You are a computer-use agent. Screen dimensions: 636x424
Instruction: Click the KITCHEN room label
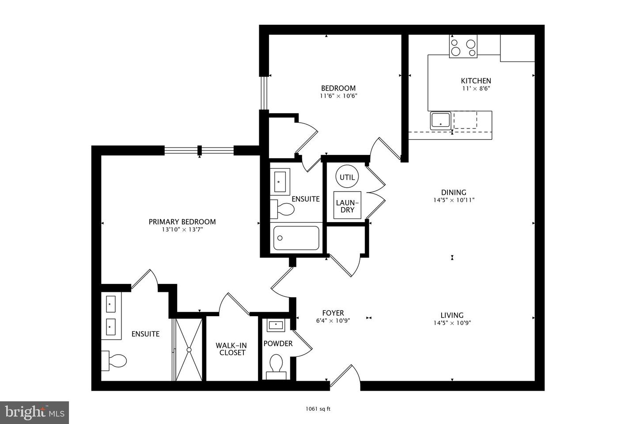click(x=476, y=81)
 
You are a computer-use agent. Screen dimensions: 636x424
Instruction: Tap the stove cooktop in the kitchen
click(x=463, y=47)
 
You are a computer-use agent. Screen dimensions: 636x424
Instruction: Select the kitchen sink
click(x=440, y=121)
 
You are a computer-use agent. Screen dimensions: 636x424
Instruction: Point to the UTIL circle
click(x=347, y=177)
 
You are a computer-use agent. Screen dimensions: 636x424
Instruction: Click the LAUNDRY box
click(x=347, y=206)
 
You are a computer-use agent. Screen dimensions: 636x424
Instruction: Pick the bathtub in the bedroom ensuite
click(x=296, y=238)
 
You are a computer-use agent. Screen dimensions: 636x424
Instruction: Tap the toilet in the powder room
click(x=276, y=364)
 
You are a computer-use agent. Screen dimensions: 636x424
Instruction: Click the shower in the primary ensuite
click(x=189, y=349)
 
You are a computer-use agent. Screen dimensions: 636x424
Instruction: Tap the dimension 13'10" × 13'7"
click(x=182, y=230)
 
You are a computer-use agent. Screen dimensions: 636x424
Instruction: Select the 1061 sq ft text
click(x=318, y=409)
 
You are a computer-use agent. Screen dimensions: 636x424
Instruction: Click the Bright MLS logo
click(x=34, y=413)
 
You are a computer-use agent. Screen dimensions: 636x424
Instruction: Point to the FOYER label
click(x=333, y=313)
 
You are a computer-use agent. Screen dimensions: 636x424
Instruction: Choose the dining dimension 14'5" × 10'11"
click(x=454, y=200)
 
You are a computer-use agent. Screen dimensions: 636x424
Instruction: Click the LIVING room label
click(x=452, y=315)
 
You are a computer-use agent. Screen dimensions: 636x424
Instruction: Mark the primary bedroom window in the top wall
click(x=199, y=151)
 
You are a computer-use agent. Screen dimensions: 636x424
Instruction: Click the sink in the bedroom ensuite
click(x=280, y=182)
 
